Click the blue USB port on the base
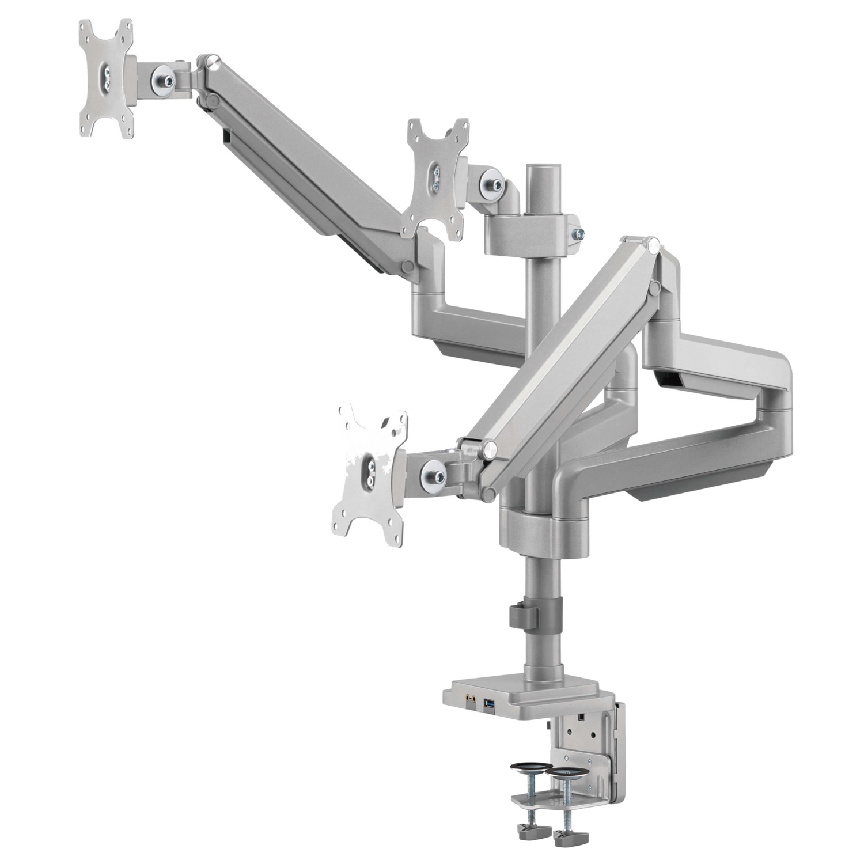point(490,703)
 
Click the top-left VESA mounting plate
point(107,79)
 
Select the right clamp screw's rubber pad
point(567,772)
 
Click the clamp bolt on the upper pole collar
point(578,233)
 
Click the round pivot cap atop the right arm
point(652,246)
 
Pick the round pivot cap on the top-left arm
point(213,60)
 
